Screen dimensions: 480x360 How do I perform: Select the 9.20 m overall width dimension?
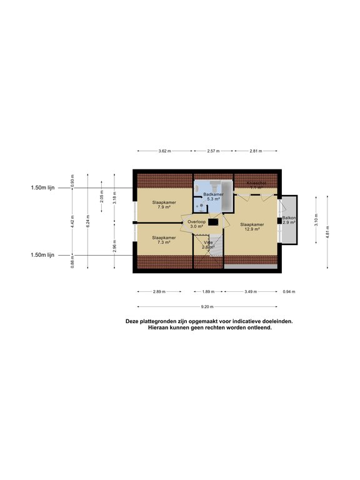click(207, 307)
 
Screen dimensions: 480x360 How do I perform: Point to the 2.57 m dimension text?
click(214, 151)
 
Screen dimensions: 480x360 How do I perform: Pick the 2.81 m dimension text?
click(256, 151)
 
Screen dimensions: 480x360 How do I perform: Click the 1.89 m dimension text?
click(208, 292)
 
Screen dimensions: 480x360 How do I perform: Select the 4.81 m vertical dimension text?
click(327, 232)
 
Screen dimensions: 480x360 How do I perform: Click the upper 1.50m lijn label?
click(42, 187)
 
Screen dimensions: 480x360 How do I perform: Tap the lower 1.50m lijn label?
click(42, 255)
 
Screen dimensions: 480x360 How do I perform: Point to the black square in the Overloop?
click(214, 221)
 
